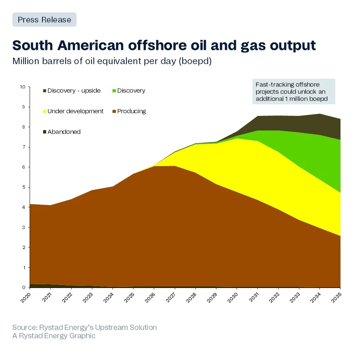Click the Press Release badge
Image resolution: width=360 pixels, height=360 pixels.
(44, 19)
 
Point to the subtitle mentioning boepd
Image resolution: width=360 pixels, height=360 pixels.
(112, 61)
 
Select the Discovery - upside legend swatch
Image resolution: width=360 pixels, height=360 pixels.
(44, 91)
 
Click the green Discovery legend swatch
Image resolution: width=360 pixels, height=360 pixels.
(114, 91)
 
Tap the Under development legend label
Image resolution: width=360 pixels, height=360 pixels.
(75, 111)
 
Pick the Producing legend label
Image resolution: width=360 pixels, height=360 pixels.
(131, 111)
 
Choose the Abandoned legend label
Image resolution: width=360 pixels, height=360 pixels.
(64, 132)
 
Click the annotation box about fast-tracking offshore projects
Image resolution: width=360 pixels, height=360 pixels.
(293, 91)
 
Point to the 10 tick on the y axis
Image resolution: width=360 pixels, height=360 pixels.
(22, 87)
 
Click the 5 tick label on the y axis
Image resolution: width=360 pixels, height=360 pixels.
(24, 187)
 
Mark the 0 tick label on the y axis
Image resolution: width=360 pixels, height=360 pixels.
(24, 288)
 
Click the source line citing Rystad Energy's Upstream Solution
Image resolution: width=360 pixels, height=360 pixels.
(84, 327)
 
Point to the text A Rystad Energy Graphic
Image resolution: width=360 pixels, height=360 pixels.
(54, 336)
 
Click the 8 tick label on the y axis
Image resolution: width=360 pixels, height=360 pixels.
(24, 127)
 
